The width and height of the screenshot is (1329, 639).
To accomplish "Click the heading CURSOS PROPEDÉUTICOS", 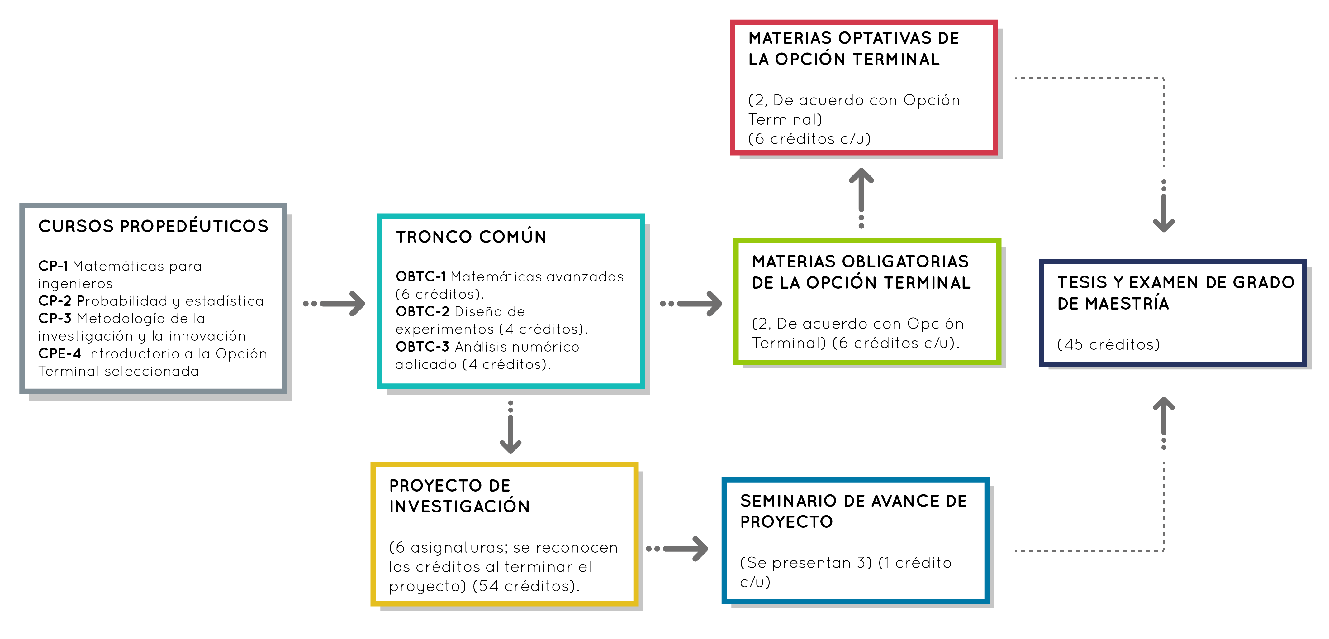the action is (153, 226).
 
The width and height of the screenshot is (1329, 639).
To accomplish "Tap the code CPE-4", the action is (59, 353).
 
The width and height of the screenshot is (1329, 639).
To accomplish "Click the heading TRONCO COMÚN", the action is (471, 236).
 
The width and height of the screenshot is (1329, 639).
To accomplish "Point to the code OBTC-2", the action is (423, 311).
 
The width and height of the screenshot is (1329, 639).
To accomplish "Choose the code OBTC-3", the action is (423, 346).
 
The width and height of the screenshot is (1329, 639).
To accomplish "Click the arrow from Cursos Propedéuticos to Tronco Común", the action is (334, 304).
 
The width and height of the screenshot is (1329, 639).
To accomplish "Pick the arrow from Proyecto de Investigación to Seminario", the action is (677, 549).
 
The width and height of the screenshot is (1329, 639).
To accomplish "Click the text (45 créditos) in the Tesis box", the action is (1108, 344).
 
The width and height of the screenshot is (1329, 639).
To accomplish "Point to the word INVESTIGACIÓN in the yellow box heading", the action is (459, 506).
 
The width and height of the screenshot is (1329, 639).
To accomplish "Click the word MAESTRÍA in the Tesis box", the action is (1127, 304).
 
